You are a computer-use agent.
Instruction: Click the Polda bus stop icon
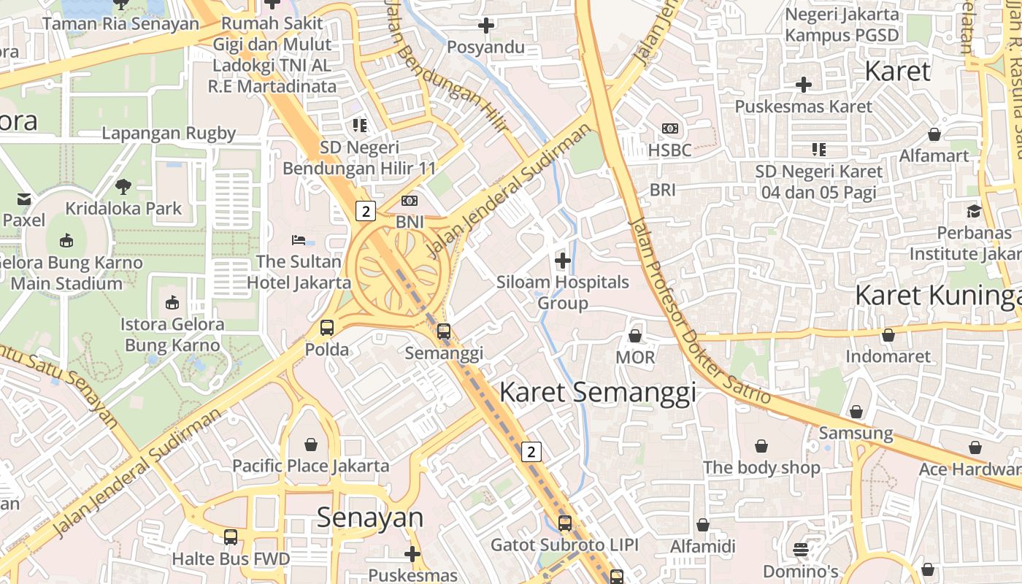[327, 328]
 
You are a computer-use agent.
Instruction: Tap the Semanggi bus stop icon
[443, 331]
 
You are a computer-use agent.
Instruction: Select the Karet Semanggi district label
[597, 393]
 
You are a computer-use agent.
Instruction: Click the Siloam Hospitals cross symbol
[563, 260]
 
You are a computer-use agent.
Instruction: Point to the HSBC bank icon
[669, 128]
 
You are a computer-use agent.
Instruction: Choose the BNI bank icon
[410, 200]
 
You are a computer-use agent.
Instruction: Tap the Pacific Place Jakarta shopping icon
[311, 444]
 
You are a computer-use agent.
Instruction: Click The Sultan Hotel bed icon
[299, 239]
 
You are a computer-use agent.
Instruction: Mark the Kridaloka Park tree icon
[123, 186]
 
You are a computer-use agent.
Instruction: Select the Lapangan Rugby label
[169, 134]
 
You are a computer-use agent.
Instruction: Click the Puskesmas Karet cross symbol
[803, 85]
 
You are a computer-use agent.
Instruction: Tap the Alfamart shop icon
[934, 134]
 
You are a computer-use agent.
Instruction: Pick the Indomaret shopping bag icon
[888, 335]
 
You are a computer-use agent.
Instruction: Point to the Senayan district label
[370, 518]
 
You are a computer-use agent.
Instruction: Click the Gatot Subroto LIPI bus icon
[564, 523]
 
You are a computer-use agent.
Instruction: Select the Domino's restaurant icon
[801, 549]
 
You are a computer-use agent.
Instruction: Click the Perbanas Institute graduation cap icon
[974, 212]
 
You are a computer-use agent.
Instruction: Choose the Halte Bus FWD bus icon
[231, 537]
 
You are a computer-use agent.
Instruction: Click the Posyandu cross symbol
[485, 26]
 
